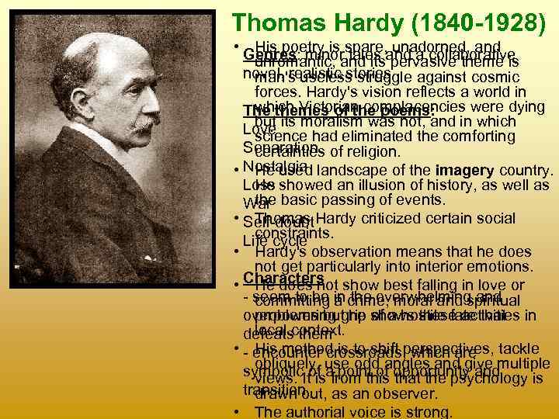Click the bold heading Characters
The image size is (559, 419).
(283, 278)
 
